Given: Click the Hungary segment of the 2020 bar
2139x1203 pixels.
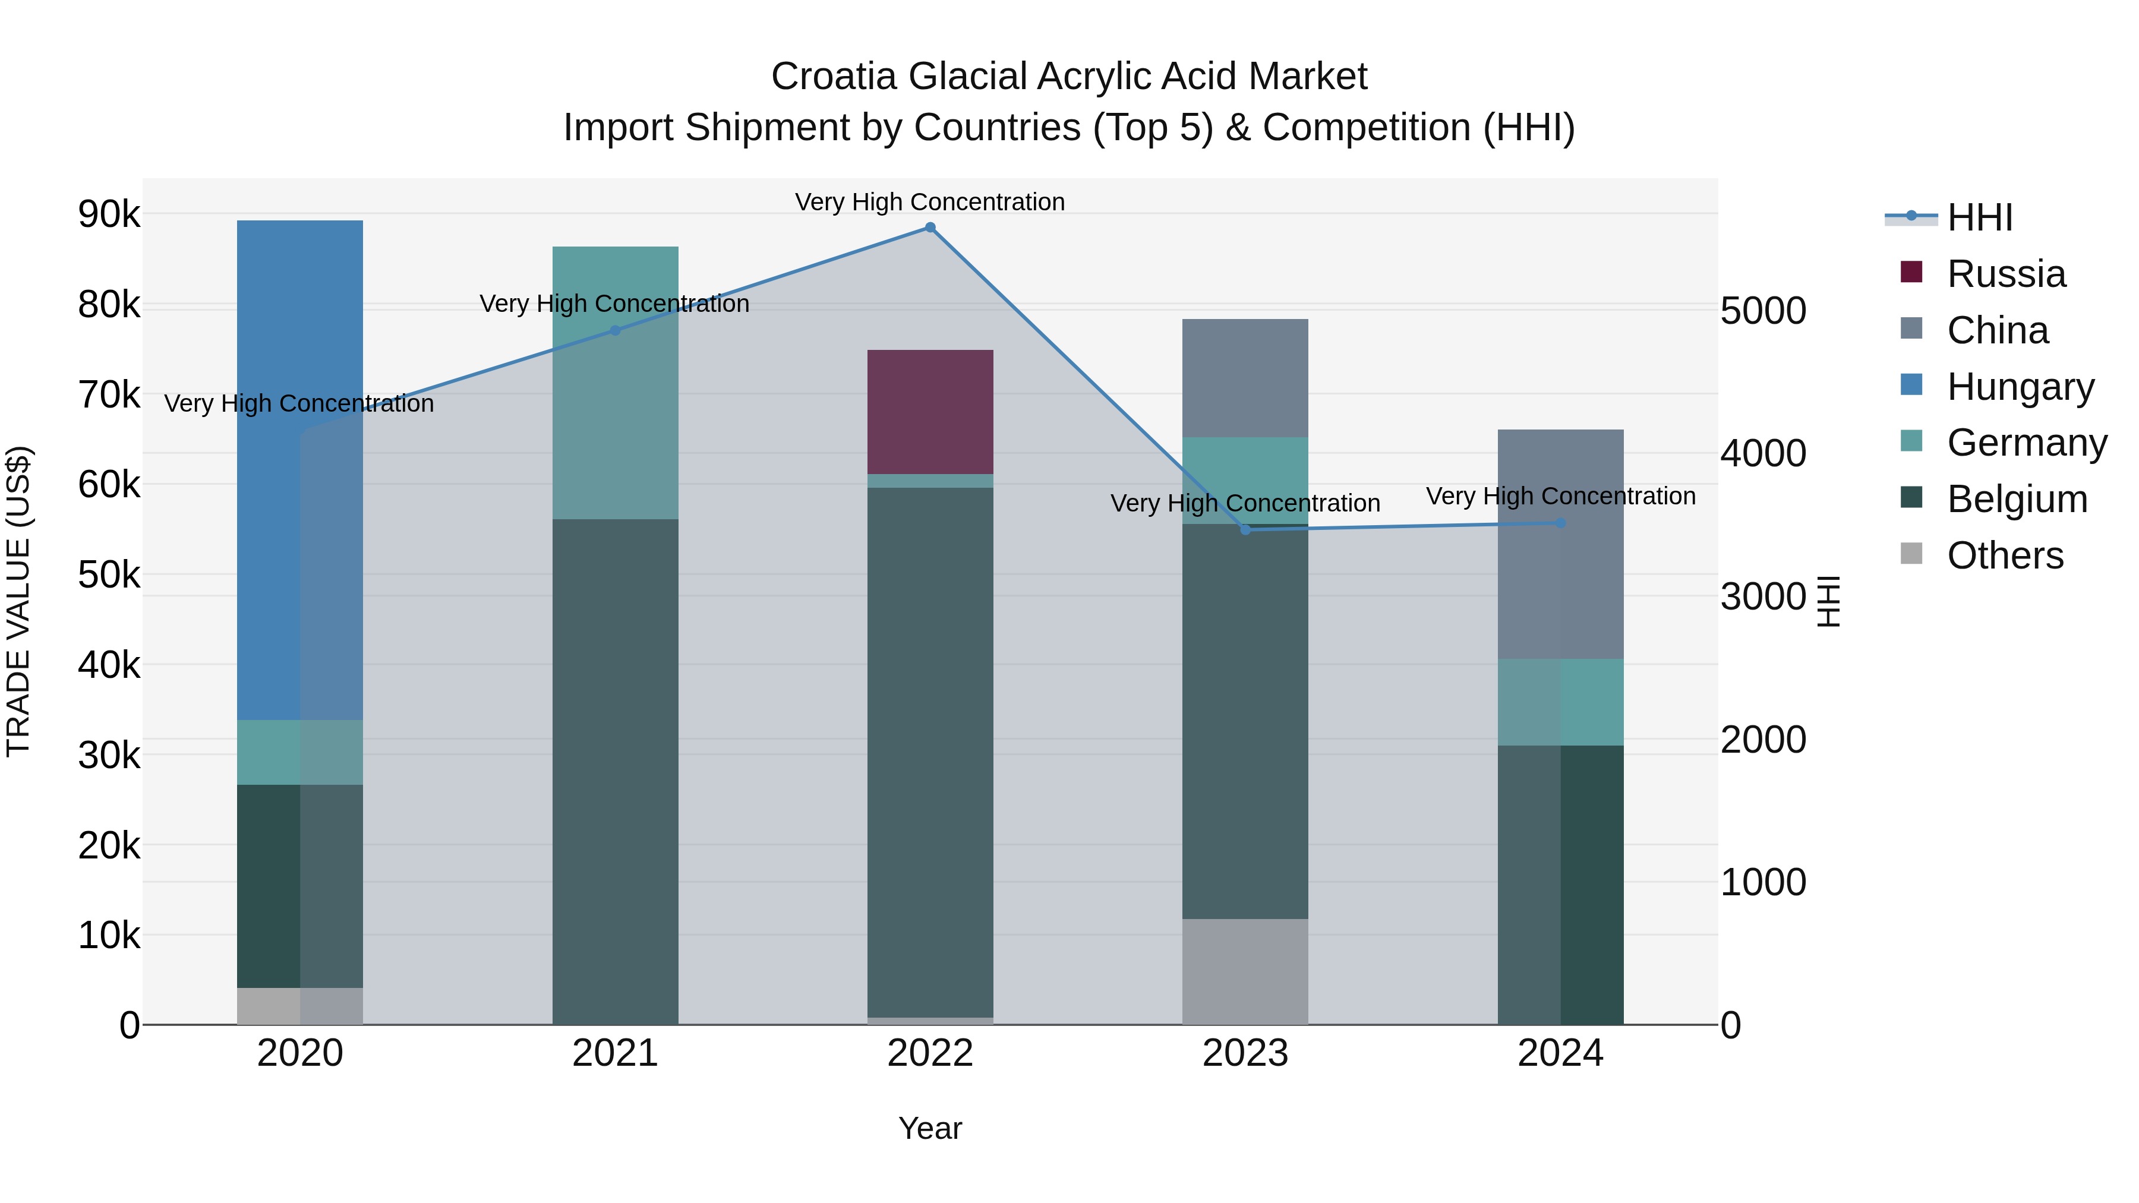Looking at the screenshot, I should coord(300,469).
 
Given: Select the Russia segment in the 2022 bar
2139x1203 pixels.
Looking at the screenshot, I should coord(930,412).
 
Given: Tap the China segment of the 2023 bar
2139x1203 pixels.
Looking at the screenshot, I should coord(1245,378).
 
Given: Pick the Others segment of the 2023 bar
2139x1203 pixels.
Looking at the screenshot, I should coord(1245,971).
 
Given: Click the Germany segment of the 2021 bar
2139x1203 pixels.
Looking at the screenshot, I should coord(614,382).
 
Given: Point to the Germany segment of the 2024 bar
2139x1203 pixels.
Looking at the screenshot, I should coord(1560,702).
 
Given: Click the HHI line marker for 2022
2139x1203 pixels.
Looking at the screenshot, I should coord(930,228).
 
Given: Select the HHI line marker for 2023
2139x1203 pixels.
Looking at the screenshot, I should coord(1245,530).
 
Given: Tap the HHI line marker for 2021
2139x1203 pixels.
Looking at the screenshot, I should coord(614,330).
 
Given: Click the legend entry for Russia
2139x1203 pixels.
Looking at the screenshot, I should coord(2005,274).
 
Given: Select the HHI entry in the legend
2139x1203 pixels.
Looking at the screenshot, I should coord(1980,217).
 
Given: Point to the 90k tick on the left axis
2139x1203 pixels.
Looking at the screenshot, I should coord(109,214).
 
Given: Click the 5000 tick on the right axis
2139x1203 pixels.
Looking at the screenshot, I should coord(1762,311).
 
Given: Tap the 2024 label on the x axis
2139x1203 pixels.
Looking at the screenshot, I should coord(1560,1053).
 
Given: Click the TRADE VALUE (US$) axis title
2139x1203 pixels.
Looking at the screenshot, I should coord(18,601).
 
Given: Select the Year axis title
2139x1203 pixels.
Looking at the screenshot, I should coord(930,1128).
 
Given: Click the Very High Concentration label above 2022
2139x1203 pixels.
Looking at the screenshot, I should coord(930,202).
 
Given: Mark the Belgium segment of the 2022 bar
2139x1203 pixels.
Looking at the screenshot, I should coord(930,752).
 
